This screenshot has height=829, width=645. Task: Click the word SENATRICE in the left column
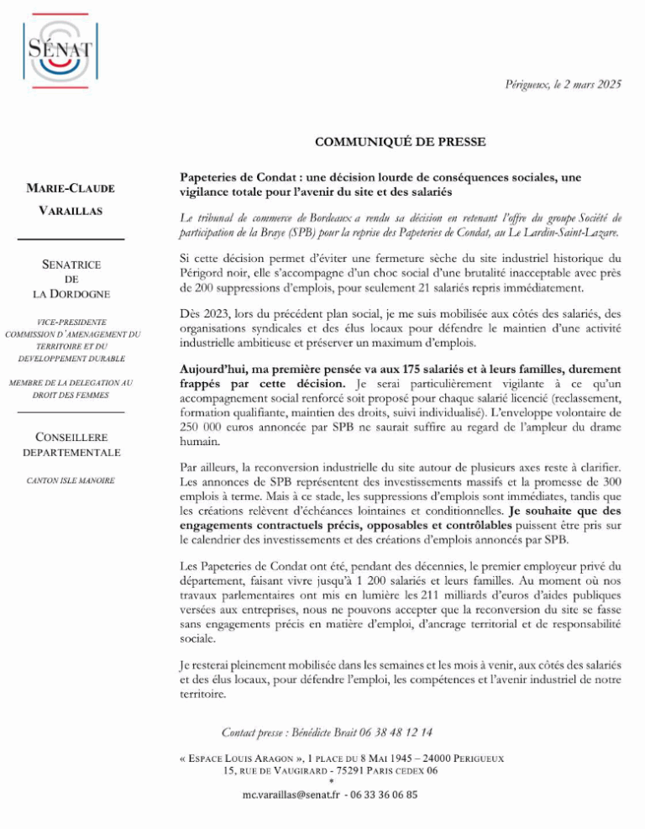pos(71,265)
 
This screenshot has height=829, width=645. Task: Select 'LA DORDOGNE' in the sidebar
pos(71,294)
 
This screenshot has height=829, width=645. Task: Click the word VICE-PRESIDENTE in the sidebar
pos(71,322)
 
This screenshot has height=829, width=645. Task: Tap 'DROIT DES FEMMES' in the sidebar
pos(71,394)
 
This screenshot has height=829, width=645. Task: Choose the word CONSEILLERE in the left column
pos(71,437)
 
